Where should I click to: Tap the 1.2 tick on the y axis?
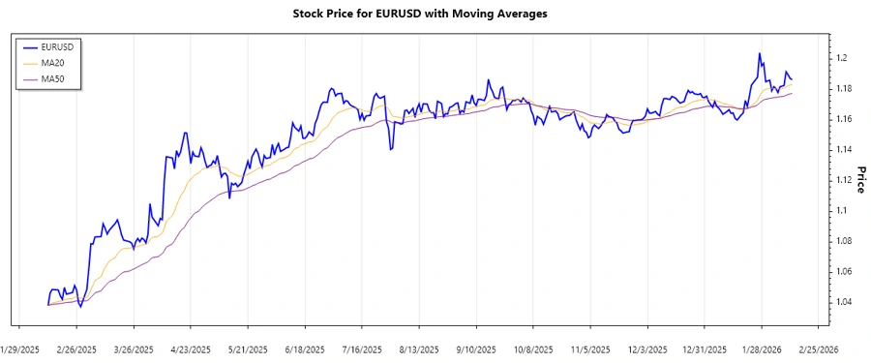tap(842, 58)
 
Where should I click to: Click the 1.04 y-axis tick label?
tap(845, 302)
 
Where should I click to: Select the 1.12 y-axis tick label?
tap(845, 180)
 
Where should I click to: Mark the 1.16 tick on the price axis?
tap(845, 119)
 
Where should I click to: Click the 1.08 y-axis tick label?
tap(845, 241)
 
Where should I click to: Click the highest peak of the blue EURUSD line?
tap(759, 54)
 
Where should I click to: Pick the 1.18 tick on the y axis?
tap(845, 89)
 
